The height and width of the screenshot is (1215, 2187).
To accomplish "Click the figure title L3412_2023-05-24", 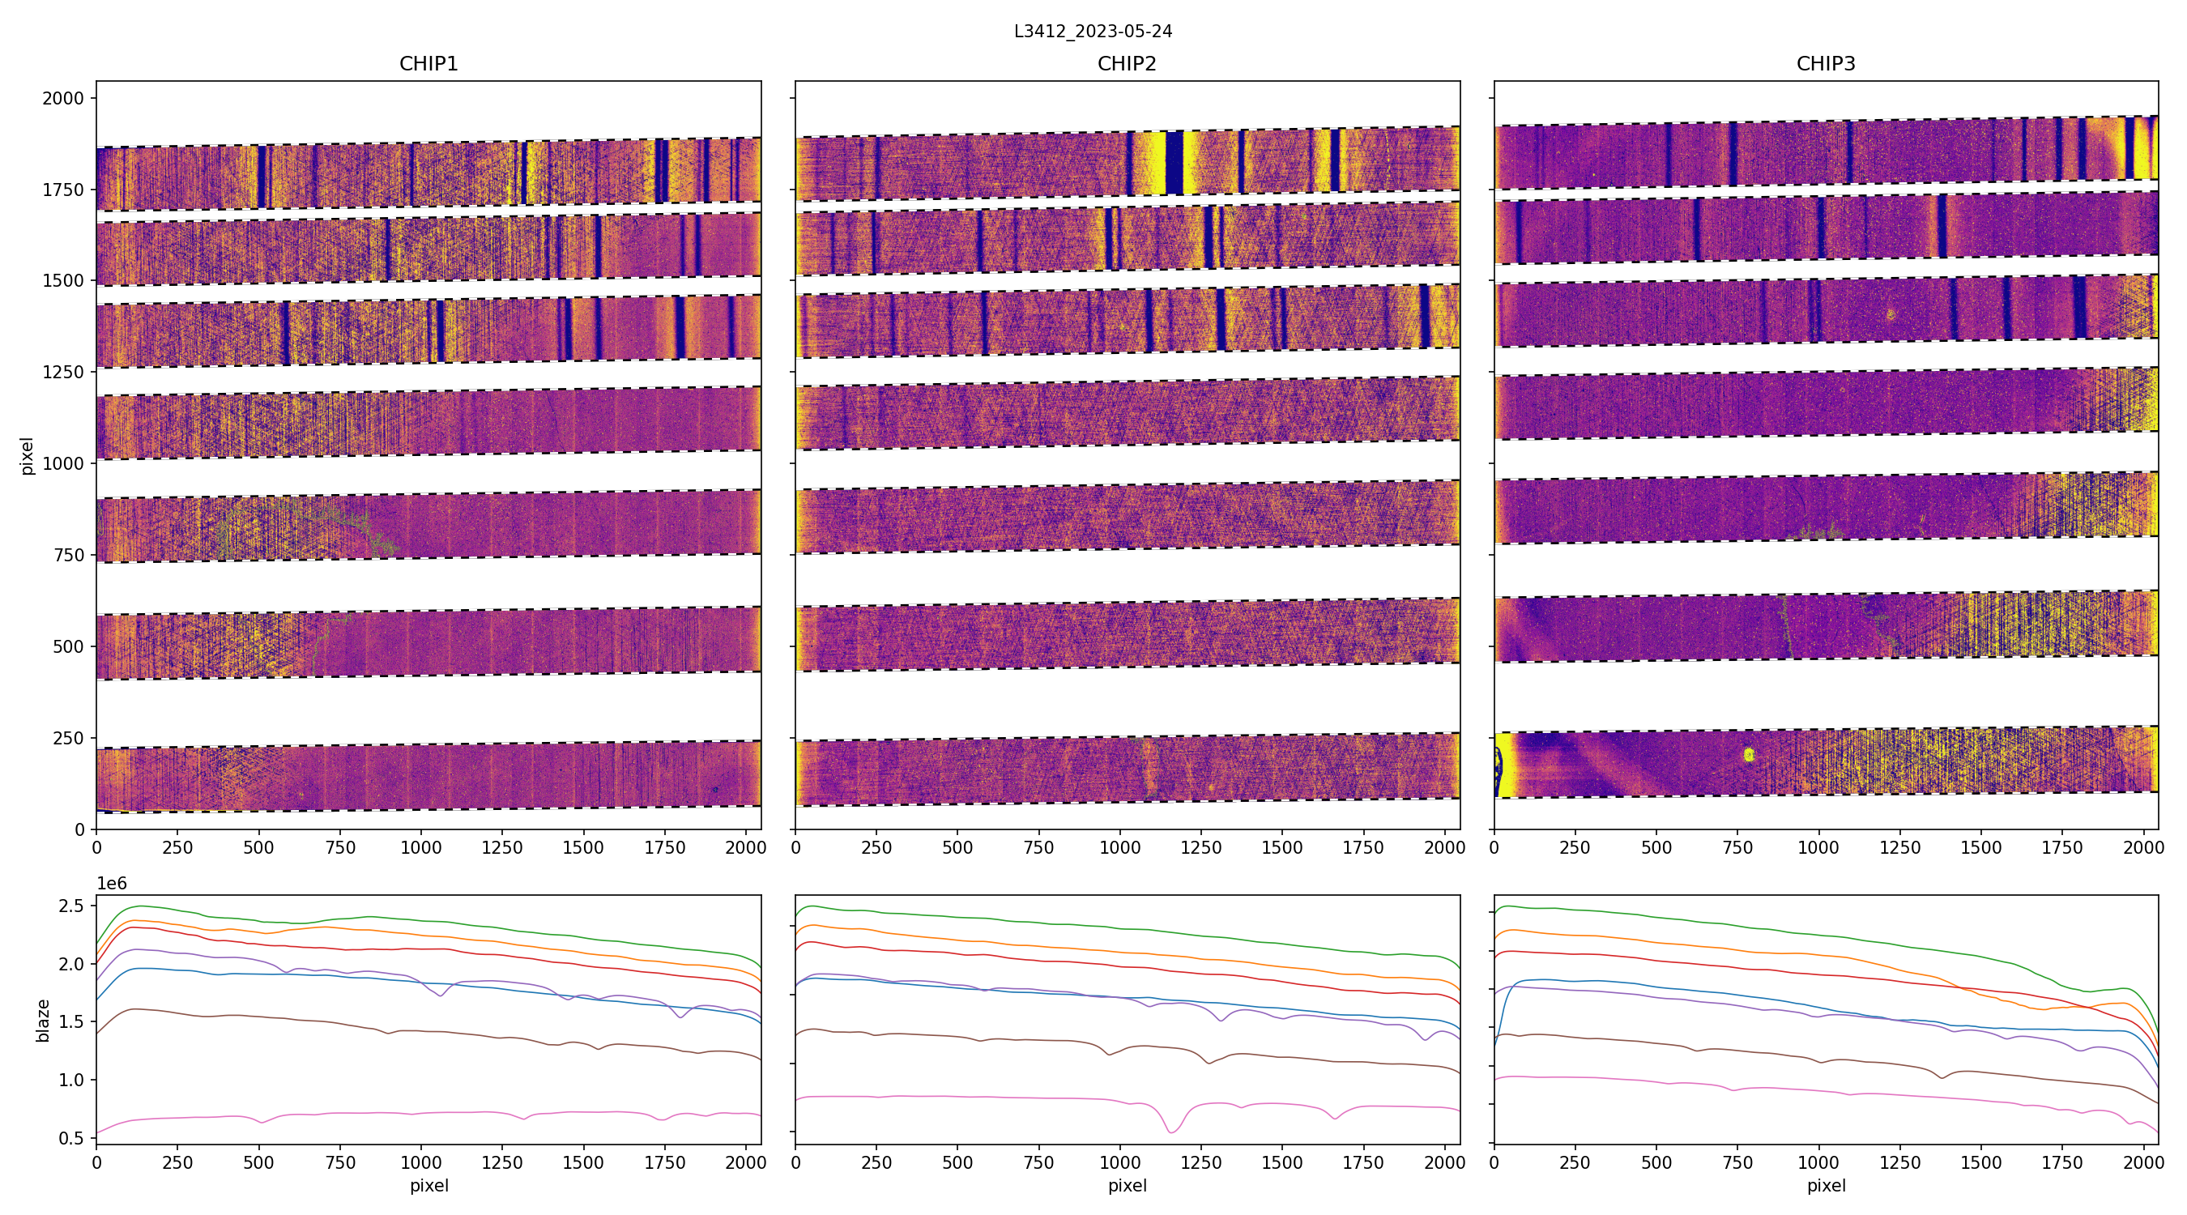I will (1093, 32).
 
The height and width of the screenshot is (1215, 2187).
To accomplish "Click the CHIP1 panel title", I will (428, 64).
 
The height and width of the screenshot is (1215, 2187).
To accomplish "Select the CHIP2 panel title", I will (1127, 64).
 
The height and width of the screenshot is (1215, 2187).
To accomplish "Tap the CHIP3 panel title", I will (1825, 64).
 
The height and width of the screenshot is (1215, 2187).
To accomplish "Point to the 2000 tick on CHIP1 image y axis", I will (64, 99).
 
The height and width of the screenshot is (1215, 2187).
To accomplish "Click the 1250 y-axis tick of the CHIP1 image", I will (64, 372).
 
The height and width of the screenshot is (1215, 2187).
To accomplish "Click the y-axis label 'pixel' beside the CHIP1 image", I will (28, 456).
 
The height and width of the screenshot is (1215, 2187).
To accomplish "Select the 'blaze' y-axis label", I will (43, 1020).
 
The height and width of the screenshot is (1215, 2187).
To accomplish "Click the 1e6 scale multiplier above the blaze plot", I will (112, 884).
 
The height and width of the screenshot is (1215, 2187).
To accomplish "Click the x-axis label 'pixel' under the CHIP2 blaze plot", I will (1127, 1185).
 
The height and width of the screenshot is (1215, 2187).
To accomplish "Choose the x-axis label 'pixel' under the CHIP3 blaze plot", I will (1825, 1185).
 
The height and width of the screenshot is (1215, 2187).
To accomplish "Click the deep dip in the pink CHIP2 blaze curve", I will (1171, 1131).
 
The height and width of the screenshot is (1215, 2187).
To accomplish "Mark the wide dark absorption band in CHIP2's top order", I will (1174, 163).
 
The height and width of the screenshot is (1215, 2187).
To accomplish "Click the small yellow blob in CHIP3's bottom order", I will (1748, 754).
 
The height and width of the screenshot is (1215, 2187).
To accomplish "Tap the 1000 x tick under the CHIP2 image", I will (1119, 847).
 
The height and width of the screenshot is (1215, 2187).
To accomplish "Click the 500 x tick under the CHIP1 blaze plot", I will (259, 1162).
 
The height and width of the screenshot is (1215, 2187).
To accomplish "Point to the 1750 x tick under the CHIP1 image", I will (664, 847).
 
